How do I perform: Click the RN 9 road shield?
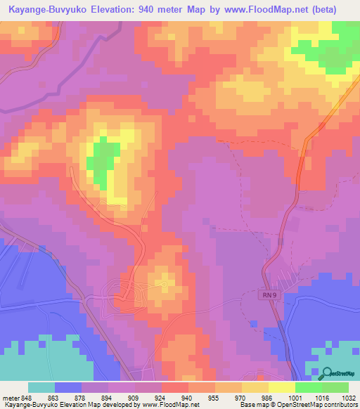[x=265, y=296]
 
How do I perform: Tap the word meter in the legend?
[x=8, y=397]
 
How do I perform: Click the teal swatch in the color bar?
[x=41, y=387]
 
